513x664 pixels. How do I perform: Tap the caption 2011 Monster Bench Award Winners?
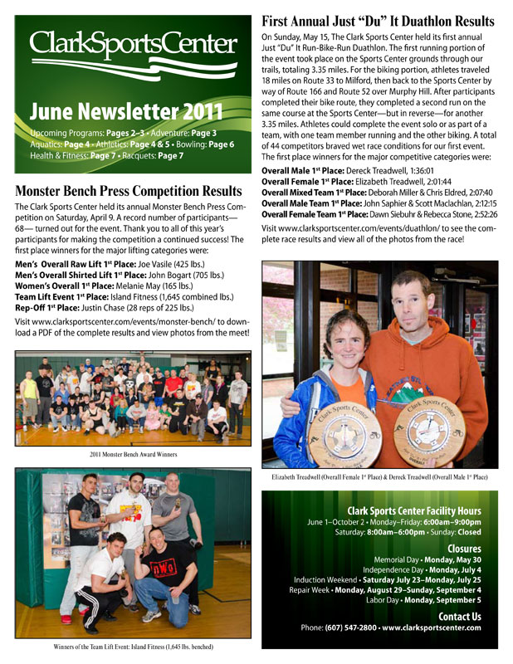tap(133, 453)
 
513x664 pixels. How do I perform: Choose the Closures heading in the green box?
tap(464, 549)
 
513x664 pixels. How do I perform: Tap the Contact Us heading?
tap(459, 616)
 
